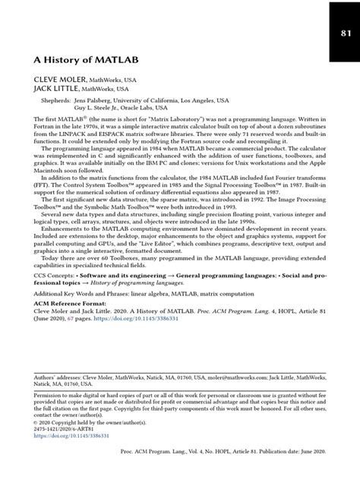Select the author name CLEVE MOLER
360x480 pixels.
(58, 78)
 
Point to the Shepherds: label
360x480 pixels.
(58, 99)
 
